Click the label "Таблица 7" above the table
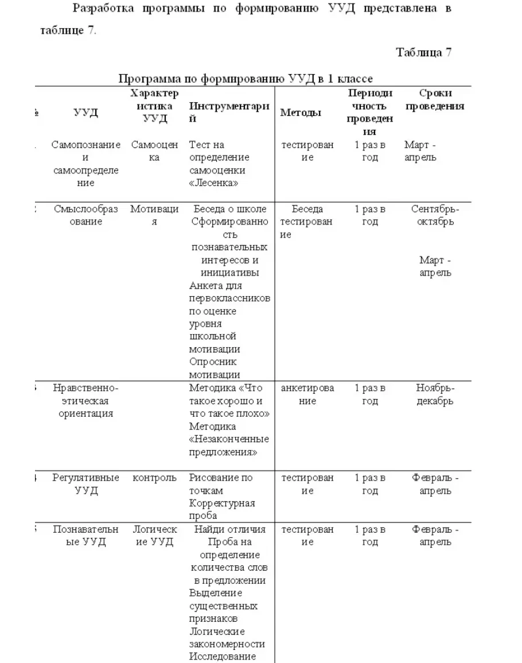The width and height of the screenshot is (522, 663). pyautogui.click(x=423, y=53)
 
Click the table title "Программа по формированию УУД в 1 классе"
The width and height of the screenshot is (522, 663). pyautogui.click(x=246, y=79)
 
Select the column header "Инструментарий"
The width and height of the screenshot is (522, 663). pyautogui.click(x=229, y=112)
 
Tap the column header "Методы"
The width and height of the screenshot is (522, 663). pyautogui.click(x=300, y=113)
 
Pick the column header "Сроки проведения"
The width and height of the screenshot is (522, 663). pyautogui.click(x=435, y=100)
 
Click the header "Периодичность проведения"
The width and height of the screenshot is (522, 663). pyautogui.click(x=370, y=112)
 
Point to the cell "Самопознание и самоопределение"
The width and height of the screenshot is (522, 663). pyautogui.click(x=86, y=164)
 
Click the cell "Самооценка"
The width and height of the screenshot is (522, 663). pyautogui.click(x=154, y=151)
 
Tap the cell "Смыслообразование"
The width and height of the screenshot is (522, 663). pyautogui.click(x=86, y=215)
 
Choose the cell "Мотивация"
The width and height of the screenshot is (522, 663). pyautogui.click(x=154, y=215)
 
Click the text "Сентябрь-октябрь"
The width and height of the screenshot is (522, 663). pyautogui.click(x=435, y=215)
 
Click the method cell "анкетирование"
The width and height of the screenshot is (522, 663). pyautogui.click(x=307, y=394)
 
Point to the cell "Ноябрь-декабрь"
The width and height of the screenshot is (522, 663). pyautogui.click(x=435, y=394)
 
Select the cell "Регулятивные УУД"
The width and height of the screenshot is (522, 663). pyautogui.click(x=86, y=484)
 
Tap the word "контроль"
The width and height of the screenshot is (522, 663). pyautogui.click(x=154, y=478)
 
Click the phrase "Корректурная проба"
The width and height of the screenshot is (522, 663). pyautogui.click(x=222, y=509)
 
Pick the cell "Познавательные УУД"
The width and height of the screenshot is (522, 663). pyautogui.click(x=86, y=536)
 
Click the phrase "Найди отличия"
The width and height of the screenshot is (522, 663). pyautogui.click(x=229, y=529)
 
